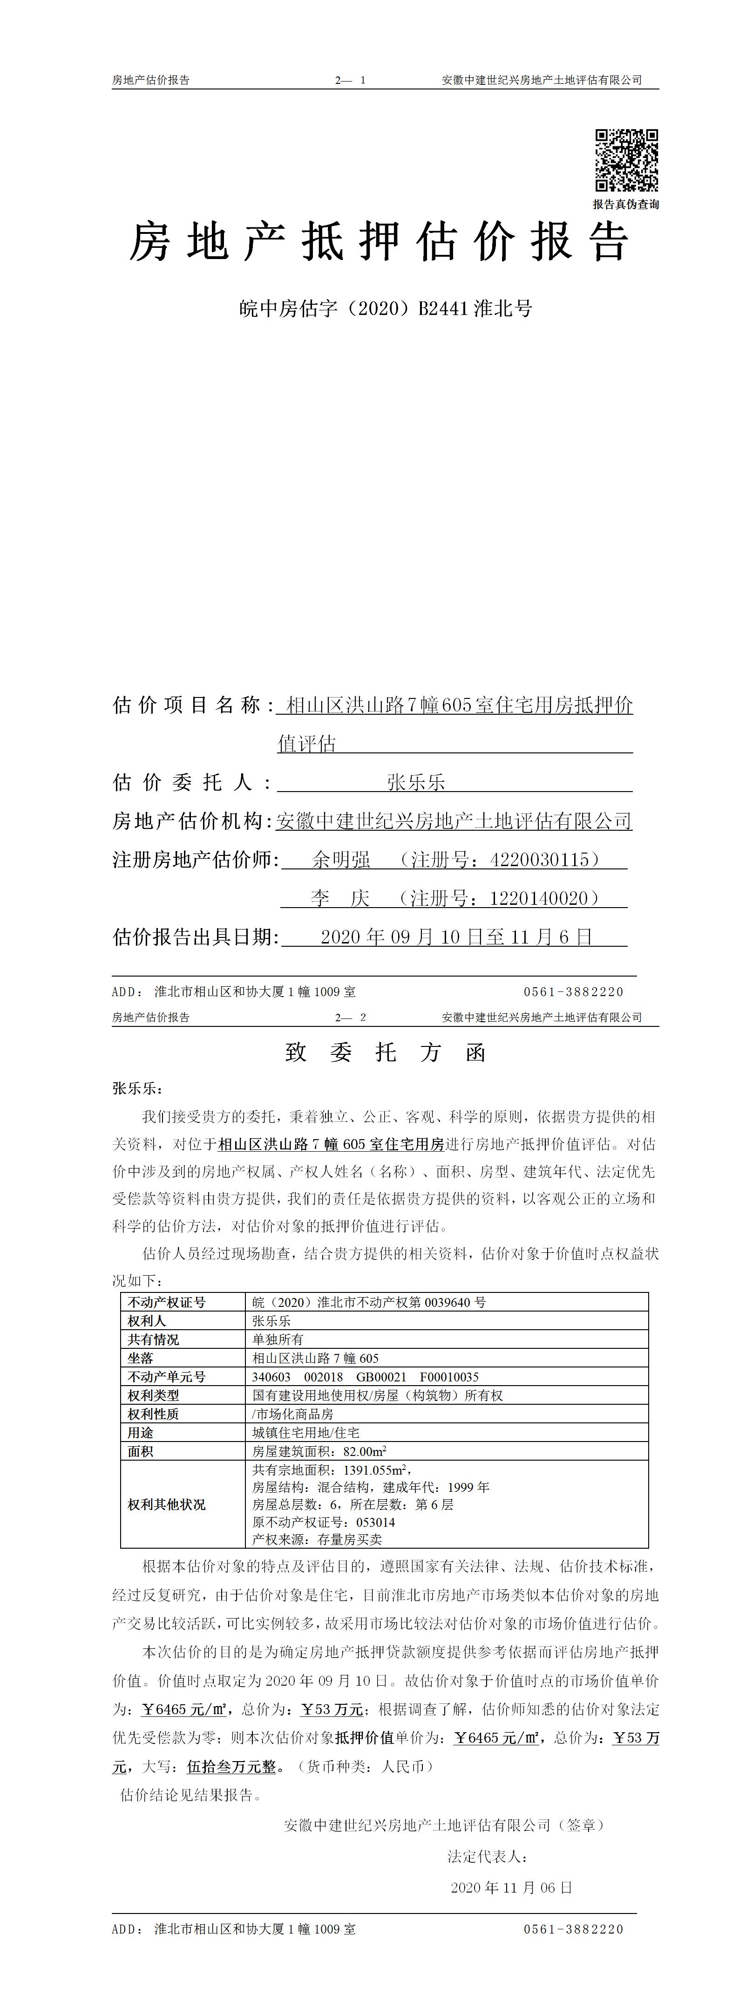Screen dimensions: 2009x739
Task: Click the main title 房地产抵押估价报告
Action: click(x=379, y=242)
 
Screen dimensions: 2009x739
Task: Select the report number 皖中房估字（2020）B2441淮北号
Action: click(x=385, y=309)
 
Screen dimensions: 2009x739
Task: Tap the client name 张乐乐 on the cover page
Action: click(x=415, y=782)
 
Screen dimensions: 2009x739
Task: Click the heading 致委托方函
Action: click(x=386, y=1053)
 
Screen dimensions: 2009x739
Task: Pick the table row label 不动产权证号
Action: click(x=167, y=1302)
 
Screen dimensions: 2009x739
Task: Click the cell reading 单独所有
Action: click(x=278, y=1339)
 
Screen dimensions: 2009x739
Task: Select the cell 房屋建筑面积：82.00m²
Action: click(x=319, y=1451)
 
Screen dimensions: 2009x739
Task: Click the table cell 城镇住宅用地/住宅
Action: click(x=305, y=1433)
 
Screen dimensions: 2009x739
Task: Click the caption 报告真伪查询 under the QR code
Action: click(x=626, y=205)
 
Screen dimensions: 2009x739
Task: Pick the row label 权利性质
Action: click(x=154, y=1414)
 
